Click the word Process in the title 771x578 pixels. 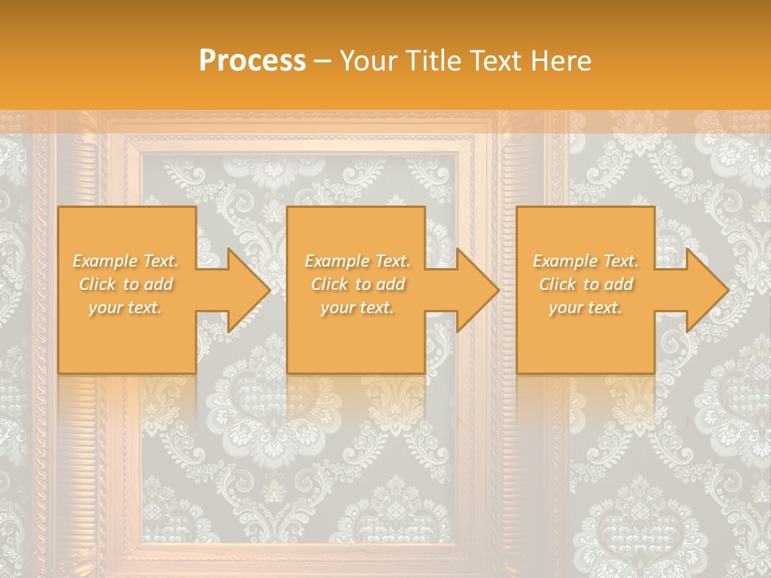pos(252,61)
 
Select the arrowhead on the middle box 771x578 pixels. pos(468,290)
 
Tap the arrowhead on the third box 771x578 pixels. pos(698,290)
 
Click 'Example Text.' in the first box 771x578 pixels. pos(125,261)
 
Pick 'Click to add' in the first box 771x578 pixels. pos(125,284)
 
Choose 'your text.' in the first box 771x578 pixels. pos(125,307)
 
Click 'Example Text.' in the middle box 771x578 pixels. pos(357,261)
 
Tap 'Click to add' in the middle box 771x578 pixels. pos(357,284)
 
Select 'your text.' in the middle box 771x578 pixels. pos(357,307)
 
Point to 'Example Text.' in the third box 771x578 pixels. pos(585,261)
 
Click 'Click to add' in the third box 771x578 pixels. pos(585,284)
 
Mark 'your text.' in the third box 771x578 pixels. pos(585,307)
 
